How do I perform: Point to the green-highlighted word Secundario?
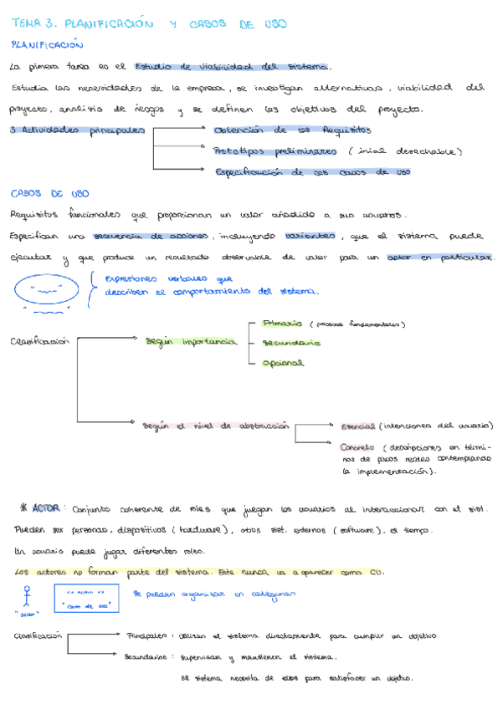point(290,342)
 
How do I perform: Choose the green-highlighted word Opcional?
point(284,363)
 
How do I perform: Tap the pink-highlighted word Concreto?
point(357,446)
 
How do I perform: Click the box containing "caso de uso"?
point(87,599)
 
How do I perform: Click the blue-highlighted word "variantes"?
point(308,237)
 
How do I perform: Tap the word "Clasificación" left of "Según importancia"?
point(38,342)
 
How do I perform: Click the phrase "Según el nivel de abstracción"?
point(216,426)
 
